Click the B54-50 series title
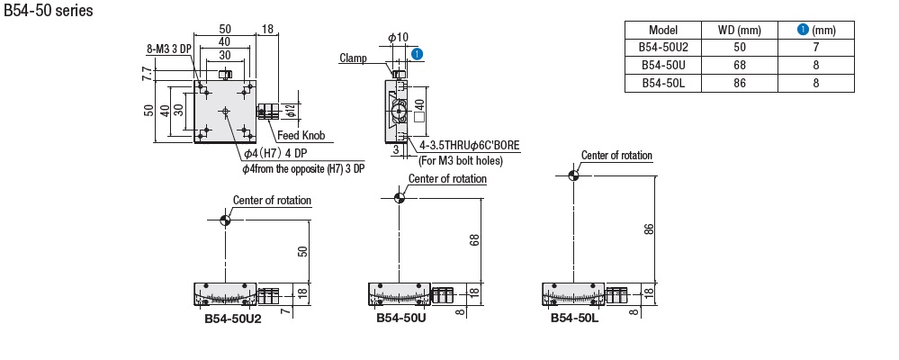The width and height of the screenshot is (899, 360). point(49,10)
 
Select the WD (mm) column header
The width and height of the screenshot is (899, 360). point(739,31)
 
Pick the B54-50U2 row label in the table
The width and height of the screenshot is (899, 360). point(663,48)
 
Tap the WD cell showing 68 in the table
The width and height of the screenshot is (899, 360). point(739,66)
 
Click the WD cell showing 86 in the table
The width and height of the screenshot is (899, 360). point(739,83)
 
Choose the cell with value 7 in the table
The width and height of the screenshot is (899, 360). point(816,48)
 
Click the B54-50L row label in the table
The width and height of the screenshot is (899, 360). point(663,83)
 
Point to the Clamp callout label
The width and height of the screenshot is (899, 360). point(353,58)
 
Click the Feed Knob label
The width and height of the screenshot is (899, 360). point(301,136)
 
